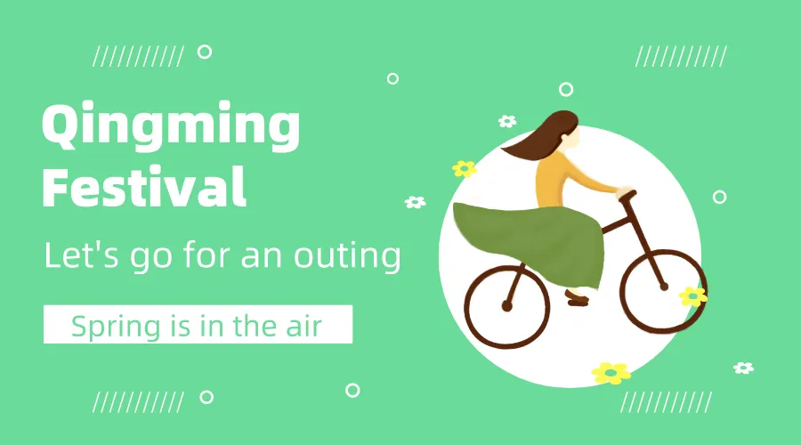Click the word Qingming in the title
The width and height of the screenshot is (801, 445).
171,125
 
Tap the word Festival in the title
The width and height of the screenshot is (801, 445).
144,187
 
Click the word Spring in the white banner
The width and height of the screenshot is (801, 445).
116,327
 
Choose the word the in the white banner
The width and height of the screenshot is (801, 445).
252,326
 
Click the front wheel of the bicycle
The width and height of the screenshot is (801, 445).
663,290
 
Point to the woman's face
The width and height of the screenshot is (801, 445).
572,138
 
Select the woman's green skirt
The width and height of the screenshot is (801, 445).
531,243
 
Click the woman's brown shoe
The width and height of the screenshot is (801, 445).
578,299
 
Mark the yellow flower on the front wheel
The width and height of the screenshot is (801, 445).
693,296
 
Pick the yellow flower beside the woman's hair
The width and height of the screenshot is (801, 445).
464,168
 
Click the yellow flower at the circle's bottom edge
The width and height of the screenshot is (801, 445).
611,373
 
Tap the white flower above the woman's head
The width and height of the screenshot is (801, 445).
507,121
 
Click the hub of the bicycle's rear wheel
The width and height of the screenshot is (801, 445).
506,306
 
